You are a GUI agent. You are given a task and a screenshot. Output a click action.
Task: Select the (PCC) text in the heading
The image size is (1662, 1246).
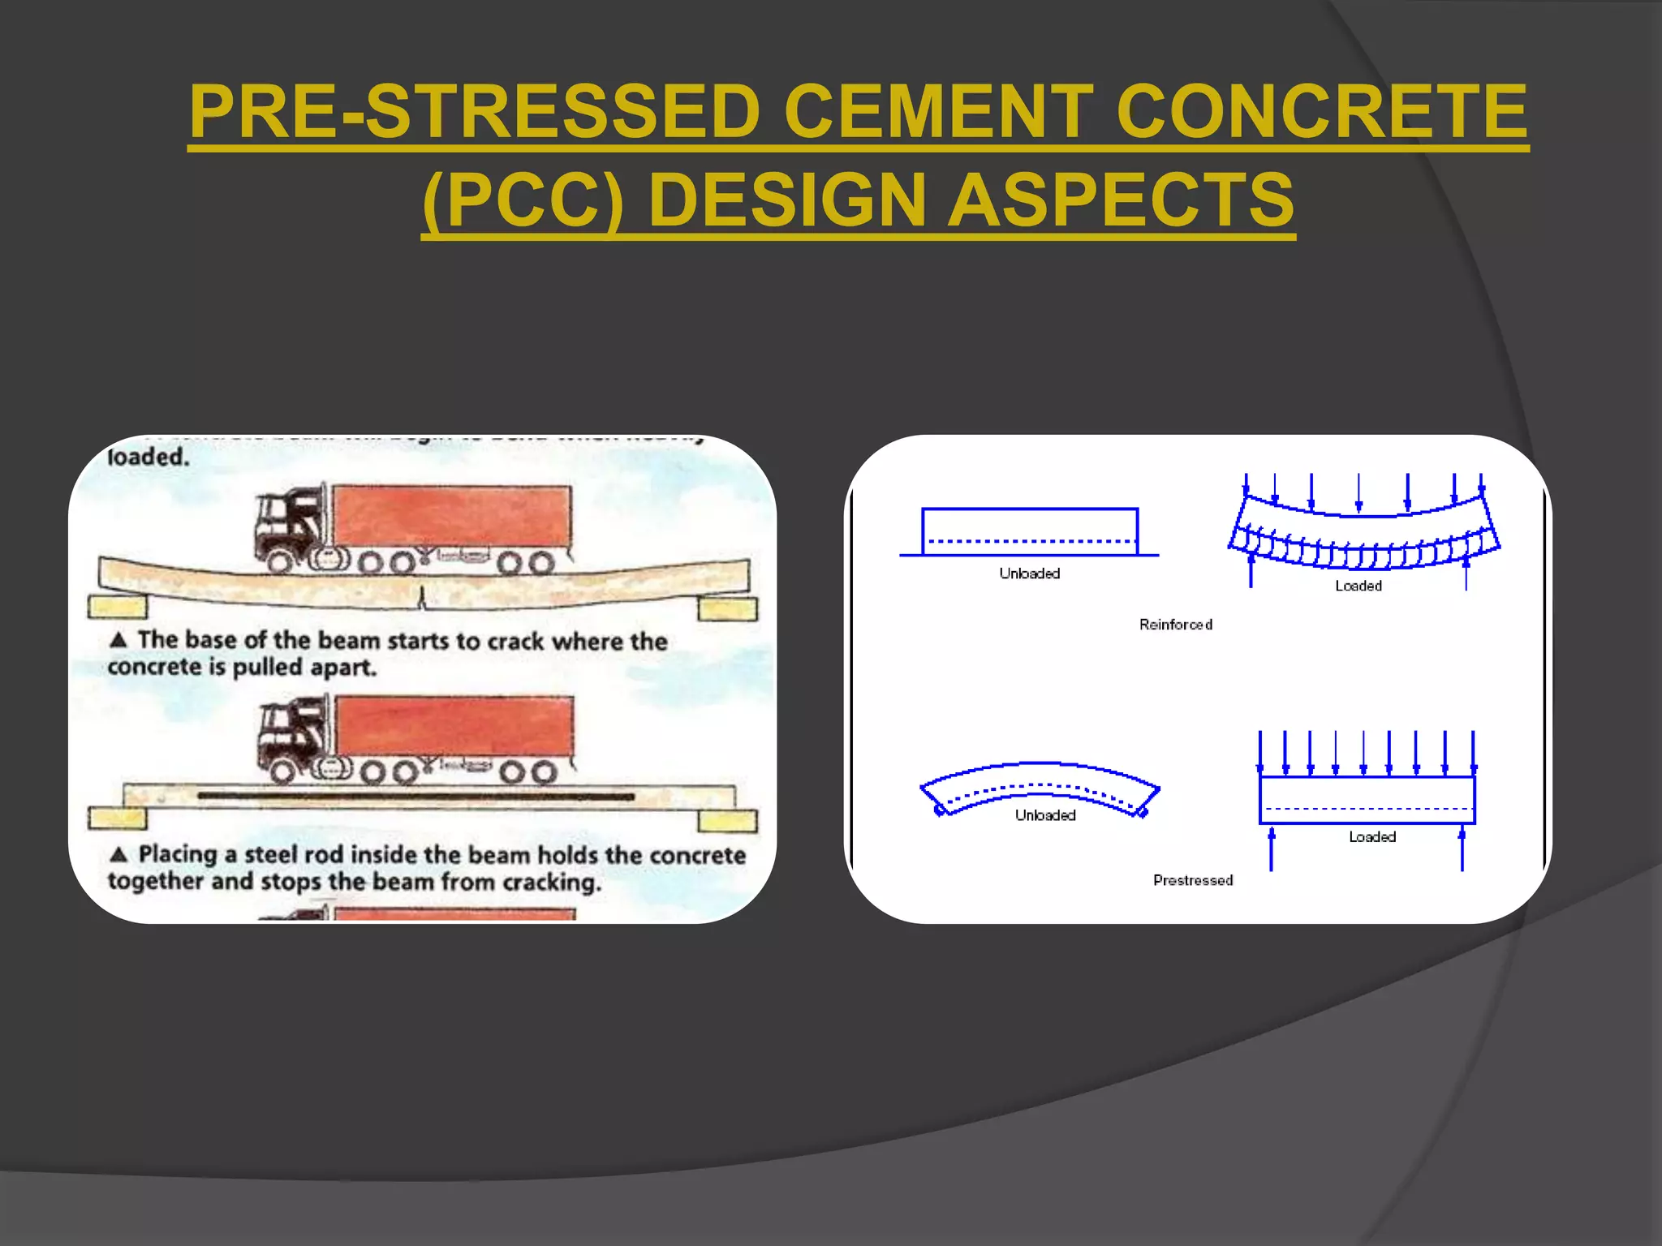[523, 200]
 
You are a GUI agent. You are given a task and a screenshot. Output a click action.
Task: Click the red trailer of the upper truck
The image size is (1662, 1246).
[451, 516]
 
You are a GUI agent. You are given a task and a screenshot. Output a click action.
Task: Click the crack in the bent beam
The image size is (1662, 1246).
[421, 598]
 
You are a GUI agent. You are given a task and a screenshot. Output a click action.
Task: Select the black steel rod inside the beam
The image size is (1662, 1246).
[415, 797]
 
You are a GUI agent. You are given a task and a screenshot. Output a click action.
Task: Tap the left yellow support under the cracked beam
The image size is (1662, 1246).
[118, 607]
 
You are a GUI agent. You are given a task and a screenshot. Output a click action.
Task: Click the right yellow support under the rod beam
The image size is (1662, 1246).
[727, 821]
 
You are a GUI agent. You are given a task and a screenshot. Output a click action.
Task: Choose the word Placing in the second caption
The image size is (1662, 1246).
[178, 854]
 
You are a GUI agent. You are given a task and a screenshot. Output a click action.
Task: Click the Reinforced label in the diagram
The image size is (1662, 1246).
[1175, 625]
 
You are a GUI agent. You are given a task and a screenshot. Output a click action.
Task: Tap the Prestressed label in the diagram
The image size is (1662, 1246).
[1192, 880]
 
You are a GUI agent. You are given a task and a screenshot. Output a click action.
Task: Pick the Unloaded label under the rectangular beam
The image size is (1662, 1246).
[1029, 574]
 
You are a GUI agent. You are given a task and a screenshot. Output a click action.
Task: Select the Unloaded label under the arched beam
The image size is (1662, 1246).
[1045, 815]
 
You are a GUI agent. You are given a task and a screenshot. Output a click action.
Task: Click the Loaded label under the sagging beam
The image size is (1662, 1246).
[1358, 586]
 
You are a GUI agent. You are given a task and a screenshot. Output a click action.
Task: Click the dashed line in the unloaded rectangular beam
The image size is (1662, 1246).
[1030, 541]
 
